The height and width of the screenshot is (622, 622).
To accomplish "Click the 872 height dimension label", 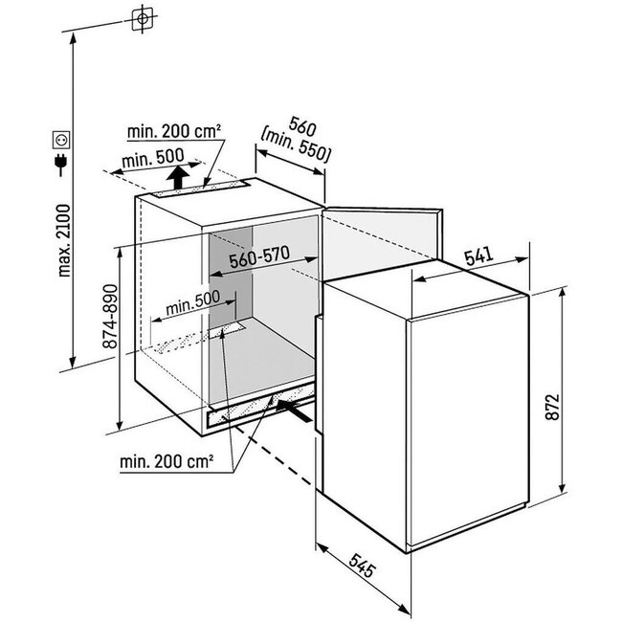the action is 552,407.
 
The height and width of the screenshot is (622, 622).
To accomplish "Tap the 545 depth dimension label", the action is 362,565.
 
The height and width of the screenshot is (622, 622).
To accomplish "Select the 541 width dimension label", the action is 479,256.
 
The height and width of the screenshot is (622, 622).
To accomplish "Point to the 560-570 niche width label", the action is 260,257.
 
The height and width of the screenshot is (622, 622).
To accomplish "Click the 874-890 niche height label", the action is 110,316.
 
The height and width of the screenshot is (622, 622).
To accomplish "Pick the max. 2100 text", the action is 63,240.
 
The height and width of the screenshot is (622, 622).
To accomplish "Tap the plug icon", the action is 60,165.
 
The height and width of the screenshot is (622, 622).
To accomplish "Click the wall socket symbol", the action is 61,140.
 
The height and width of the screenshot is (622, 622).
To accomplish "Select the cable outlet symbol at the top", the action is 142,19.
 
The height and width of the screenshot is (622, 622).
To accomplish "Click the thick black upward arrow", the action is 177,177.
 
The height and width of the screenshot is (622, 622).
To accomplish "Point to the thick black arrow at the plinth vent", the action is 293,411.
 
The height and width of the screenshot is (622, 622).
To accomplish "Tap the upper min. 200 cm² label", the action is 174,131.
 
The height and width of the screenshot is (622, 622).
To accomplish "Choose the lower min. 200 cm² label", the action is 167,461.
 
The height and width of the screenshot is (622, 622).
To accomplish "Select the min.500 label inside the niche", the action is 192,303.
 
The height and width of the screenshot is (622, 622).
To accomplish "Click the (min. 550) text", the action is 295,146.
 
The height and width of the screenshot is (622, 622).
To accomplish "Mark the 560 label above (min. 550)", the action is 302,125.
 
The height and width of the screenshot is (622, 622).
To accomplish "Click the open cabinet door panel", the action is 382,242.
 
